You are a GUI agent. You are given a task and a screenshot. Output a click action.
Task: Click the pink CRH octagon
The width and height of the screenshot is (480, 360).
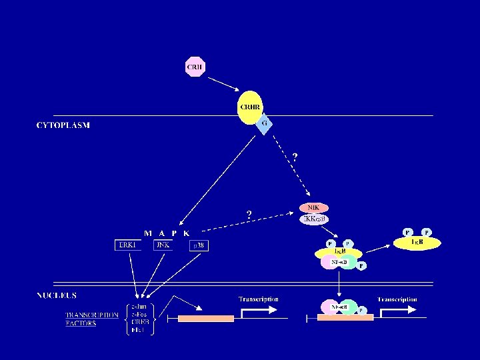tap(195, 67)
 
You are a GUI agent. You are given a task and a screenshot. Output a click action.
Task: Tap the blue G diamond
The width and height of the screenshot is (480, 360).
tap(264, 124)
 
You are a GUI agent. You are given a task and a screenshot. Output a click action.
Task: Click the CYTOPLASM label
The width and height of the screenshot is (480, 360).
tap(63, 125)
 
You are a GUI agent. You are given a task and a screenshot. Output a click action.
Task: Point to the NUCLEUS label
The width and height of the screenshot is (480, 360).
tap(57, 295)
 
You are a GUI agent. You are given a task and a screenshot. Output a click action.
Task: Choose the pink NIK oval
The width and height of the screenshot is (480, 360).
tap(313, 208)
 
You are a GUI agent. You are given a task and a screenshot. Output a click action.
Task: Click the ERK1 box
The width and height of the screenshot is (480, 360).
tap(128, 245)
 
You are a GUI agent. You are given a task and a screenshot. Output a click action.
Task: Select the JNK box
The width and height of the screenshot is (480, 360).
tap(162, 245)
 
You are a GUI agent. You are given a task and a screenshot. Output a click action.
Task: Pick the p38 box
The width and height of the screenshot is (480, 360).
tap(200, 245)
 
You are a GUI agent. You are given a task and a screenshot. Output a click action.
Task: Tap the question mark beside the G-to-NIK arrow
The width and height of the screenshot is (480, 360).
tap(295, 157)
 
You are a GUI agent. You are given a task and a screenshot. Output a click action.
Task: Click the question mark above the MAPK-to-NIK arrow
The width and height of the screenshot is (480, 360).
tap(249, 215)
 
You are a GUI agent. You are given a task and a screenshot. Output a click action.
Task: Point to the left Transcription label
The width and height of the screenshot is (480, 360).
tap(259, 299)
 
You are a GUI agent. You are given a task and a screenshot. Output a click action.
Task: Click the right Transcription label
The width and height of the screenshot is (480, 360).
tap(397, 299)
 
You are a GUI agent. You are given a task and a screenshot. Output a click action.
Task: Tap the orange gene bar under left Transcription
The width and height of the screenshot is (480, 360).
tap(206, 319)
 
